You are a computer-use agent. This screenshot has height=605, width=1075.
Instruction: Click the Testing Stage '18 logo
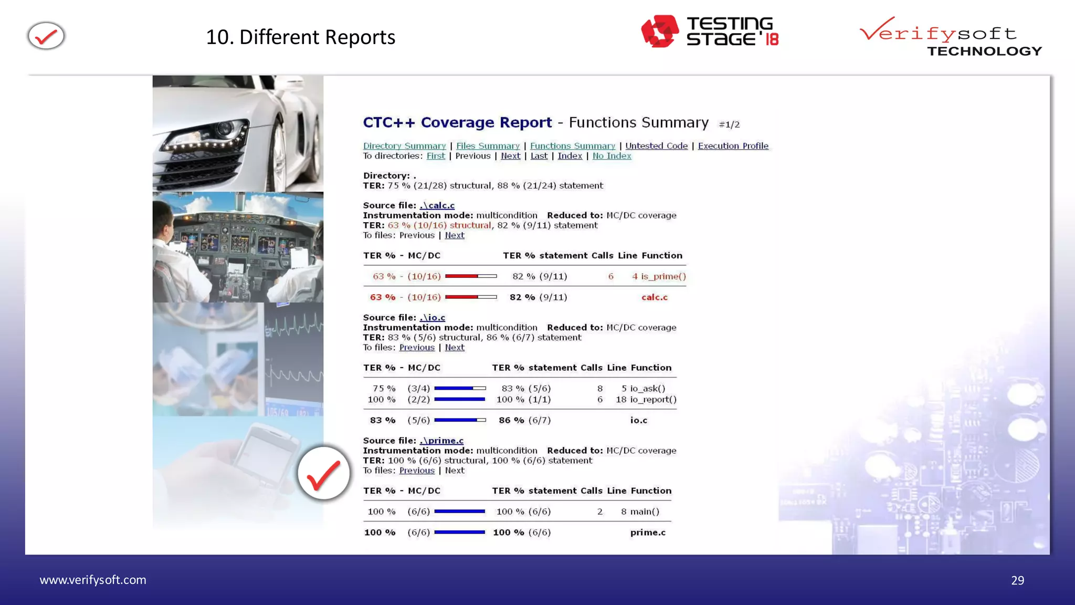click(x=710, y=32)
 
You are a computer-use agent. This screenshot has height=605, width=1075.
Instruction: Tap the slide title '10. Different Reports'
click(x=300, y=37)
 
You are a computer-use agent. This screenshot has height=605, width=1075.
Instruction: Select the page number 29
click(x=1017, y=580)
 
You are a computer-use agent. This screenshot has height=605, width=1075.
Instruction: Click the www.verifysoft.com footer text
click(x=93, y=580)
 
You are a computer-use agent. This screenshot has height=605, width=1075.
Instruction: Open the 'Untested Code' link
click(x=656, y=146)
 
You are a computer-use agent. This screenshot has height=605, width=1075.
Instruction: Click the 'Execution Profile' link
click(x=733, y=146)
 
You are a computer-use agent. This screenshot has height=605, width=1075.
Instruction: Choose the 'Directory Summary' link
click(x=404, y=146)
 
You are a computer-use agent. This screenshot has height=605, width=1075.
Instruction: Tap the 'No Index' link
click(x=612, y=156)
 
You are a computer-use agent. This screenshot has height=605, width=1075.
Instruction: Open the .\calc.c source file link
click(x=437, y=205)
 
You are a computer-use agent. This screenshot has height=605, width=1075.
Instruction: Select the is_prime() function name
click(x=663, y=276)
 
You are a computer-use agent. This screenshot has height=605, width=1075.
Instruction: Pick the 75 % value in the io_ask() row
click(x=384, y=389)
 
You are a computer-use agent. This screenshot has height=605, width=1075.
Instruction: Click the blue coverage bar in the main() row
click(x=459, y=512)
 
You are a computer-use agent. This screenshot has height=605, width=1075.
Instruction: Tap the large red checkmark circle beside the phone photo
click(x=323, y=473)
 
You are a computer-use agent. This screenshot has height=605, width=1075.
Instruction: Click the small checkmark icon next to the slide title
click(x=46, y=36)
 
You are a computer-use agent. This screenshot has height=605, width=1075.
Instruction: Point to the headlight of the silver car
click(x=223, y=129)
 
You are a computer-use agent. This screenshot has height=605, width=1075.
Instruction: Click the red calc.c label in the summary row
click(x=654, y=297)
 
